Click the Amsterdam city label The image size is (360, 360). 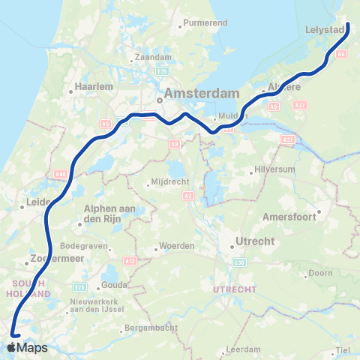(202, 94)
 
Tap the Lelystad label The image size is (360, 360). (324, 29)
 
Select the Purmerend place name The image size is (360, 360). (205, 23)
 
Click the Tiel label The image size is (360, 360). (343, 350)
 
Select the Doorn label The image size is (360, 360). (319, 273)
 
